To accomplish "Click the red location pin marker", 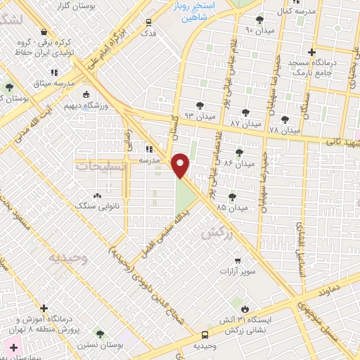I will [x=181, y=165].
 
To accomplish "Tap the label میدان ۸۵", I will [x=231, y=207].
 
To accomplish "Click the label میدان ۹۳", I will [x=198, y=115].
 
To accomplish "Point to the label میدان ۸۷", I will [x=245, y=123].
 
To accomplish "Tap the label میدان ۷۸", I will [x=285, y=131].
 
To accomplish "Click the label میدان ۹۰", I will [x=258, y=30].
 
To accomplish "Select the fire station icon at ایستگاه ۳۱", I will [x=245, y=309].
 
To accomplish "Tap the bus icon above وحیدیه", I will [x=204, y=335].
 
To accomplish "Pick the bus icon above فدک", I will [x=148, y=22].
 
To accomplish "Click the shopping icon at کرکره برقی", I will [x=44, y=32].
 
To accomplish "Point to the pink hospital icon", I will [x=11, y=347].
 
